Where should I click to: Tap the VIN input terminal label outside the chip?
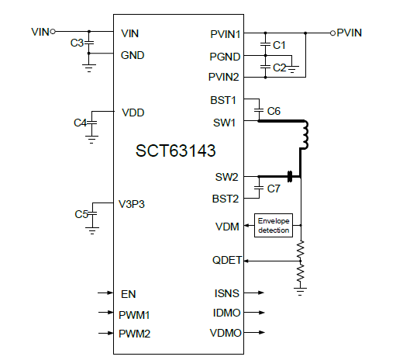(40, 32)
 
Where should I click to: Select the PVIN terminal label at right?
(350, 32)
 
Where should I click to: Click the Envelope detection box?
(274, 227)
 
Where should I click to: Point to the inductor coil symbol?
(304, 136)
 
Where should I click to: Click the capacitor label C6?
(274, 112)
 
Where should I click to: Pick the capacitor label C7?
(274, 189)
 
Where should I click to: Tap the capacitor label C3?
(77, 43)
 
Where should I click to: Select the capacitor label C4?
(80, 123)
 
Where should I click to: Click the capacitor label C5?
(81, 213)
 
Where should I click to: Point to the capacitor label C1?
(280, 47)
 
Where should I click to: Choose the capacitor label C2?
(280, 67)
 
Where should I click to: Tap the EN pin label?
(129, 294)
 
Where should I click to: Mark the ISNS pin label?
(226, 293)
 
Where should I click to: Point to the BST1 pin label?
(224, 101)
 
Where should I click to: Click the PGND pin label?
(225, 56)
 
